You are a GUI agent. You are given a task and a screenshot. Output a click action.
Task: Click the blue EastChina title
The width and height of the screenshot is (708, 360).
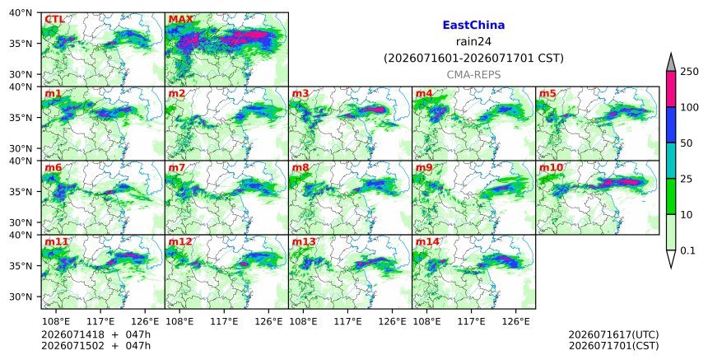pyautogui.click(x=473, y=26)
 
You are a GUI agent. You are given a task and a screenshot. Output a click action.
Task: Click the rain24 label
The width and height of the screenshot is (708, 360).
pyautogui.click(x=473, y=42)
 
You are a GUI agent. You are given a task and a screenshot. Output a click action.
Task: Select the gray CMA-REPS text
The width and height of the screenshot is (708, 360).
pyautogui.click(x=473, y=75)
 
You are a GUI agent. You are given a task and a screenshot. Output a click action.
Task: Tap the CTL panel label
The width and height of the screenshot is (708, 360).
pyautogui.click(x=54, y=20)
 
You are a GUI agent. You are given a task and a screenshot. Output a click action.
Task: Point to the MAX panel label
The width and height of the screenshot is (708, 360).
pyautogui.click(x=180, y=20)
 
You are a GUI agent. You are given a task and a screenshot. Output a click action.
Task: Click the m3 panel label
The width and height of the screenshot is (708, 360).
pyautogui.click(x=300, y=93)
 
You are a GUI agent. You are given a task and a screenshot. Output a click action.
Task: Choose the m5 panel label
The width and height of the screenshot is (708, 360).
pyautogui.click(x=548, y=93)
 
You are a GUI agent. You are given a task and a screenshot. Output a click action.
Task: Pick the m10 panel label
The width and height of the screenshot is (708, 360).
pyautogui.click(x=552, y=167)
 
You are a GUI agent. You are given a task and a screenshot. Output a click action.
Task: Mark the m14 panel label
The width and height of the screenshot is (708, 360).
pyautogui.click(x=427, y=241)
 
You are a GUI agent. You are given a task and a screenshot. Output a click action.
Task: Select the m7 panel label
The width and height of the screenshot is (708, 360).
pyautogui.click(x=177, y=167)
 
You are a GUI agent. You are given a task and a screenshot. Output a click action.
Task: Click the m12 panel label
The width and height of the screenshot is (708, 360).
pyautogui.click(x=180, y=241)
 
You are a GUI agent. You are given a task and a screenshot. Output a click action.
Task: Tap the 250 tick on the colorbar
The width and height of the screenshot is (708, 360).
pyautogui.click(x=689, y=72)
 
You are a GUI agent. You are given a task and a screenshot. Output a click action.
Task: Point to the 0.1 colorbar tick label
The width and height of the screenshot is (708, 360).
pyautogui.click(x=687, y=250)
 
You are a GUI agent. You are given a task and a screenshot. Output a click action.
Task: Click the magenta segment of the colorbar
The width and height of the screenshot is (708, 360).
pyautogui.click(x=670, y=89)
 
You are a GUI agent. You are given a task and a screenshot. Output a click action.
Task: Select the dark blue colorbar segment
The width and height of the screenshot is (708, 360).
pyautogui.click(x=670, y=124)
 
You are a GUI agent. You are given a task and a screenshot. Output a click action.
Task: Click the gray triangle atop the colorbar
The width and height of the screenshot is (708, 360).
pyautogui.click(x=670, y=63)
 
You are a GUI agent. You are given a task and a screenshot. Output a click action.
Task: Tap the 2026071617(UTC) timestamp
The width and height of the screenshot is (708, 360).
pyautogui.click(x=613, y=334)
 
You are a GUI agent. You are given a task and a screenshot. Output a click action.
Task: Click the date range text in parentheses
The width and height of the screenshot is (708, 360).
pyautogui.click(x=473, y=58)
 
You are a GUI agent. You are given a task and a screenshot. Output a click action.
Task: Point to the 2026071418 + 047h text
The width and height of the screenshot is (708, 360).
pyautogui.click(x=95, y=334)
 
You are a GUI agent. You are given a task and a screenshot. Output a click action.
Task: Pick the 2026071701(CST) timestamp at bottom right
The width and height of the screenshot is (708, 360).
pyautogui.click(x=613, y=346)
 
